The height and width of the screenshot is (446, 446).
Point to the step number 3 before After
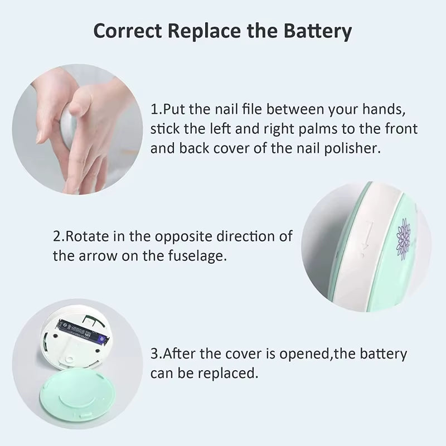[x=154, y=354]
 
